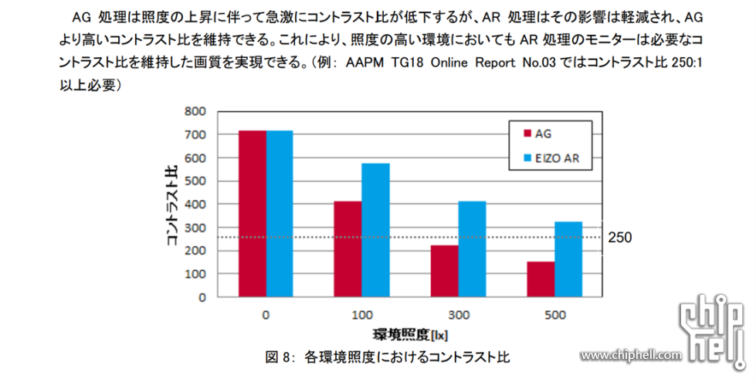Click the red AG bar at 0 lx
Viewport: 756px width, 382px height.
tap(253, 214)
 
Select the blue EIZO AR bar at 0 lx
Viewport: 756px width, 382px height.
tap(280, 214)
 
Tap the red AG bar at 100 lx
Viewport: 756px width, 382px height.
tap(348, 248)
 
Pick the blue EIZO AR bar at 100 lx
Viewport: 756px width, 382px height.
tap(375, 230)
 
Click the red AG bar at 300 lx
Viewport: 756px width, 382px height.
tap(445, 271)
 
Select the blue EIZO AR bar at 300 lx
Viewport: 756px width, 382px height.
tap(472, 248)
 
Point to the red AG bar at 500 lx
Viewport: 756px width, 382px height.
tap(541, 279)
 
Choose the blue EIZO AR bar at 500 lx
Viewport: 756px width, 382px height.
tap(568, 259)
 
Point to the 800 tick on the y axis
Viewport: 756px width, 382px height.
tap(195, 111)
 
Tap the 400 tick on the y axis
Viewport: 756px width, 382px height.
tap(195, 205)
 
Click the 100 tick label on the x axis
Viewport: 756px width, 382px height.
tap(361, 315)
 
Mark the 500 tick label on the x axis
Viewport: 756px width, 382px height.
tap(554, 315)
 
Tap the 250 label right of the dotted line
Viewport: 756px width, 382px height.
tap(620, 238)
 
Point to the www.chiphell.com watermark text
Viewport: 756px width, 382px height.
tap(632, 355)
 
